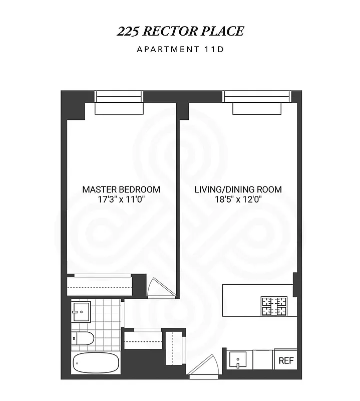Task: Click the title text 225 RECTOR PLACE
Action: click(180, 31)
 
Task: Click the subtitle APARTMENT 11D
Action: click(180, 49)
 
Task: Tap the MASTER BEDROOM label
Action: click(121, 189)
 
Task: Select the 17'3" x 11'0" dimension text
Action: click(121, 199)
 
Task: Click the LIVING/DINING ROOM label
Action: click(238, 189)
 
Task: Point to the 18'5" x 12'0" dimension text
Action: click(238, 199)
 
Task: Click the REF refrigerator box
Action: click(285, 360)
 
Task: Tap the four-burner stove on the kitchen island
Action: click(274, 306)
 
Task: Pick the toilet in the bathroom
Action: click(82, 339)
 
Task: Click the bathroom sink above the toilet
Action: click(80, 311)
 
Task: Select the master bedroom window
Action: click(119, 96)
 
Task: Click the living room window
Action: click(256, 96)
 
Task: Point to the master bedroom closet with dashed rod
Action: click(100, 287)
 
